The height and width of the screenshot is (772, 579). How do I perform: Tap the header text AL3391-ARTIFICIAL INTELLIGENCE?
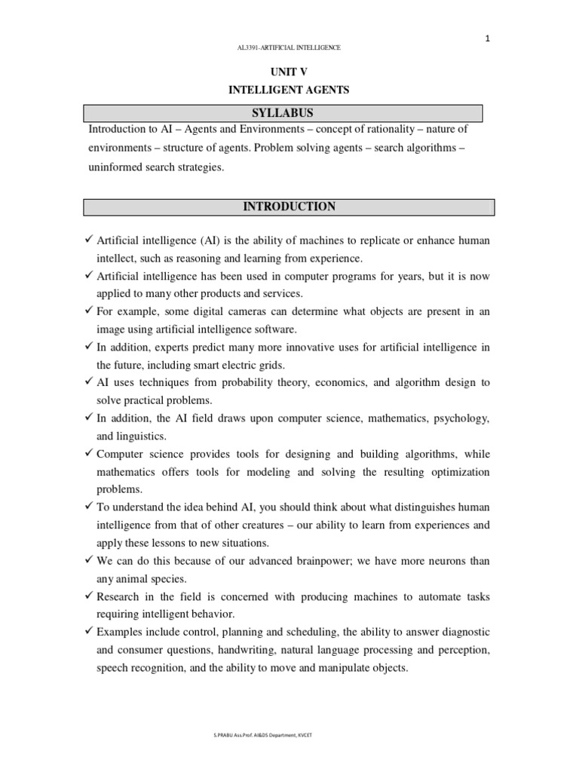coord(289,47)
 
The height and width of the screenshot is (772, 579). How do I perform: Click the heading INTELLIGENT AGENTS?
coord(290,90)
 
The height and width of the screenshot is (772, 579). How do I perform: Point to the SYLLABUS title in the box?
coord(289,113)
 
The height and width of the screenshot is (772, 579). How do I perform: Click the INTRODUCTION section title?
coord(289,207)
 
